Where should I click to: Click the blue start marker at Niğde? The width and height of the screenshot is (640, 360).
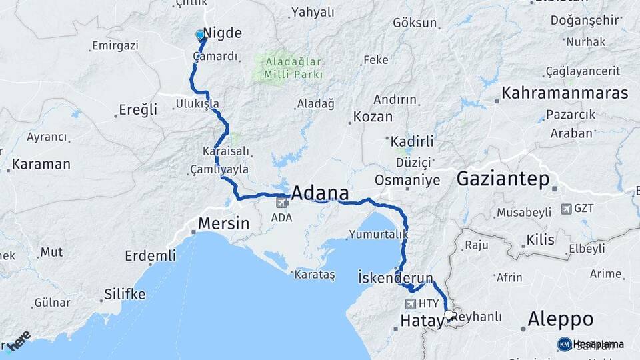tap(200, 35)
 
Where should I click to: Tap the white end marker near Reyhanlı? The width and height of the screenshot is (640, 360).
tap(449, 315)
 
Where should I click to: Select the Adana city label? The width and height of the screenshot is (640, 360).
tap(320, 193)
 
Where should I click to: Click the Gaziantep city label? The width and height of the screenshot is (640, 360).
tap(503, 179)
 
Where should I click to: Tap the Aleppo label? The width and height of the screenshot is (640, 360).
tap(560, 319)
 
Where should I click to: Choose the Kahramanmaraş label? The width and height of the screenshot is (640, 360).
tap(565, 93)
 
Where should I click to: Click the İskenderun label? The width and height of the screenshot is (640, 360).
tap(395, 277)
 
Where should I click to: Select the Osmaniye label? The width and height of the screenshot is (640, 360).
tap(407, 180)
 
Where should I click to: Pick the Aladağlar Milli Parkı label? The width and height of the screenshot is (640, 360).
tap(294, 68)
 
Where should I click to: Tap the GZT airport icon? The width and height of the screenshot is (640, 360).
tap(567, 209)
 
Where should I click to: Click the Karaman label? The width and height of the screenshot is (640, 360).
tap(41, 164)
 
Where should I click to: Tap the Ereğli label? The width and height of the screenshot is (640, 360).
tap(137, 110)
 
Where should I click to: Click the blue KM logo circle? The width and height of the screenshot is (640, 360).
tap(565, 344)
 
